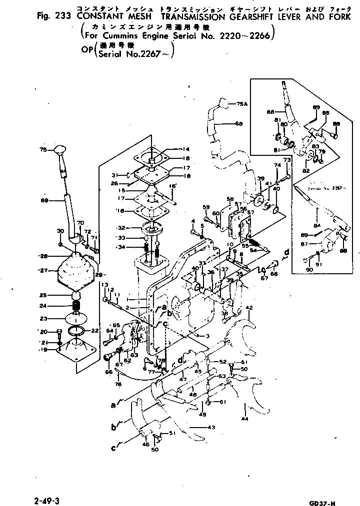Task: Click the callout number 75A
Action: (x=241, y=104)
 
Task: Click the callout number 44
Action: (x=244, y=418)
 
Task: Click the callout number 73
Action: (x=287, y=160)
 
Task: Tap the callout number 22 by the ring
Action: (x=95, y=331)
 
